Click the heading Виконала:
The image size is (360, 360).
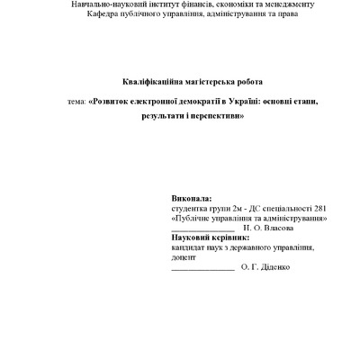192,197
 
